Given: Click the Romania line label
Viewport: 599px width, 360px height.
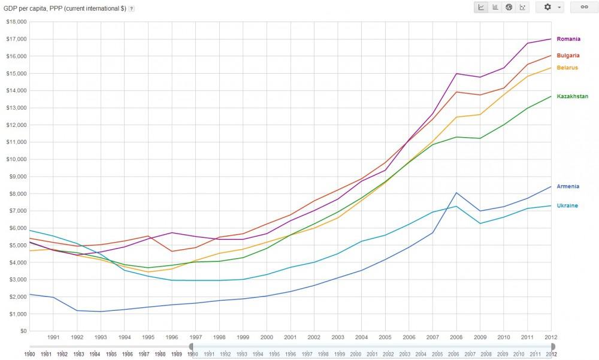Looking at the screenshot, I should pos(568,39).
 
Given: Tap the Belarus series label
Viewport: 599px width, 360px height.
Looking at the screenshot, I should pos(567,68).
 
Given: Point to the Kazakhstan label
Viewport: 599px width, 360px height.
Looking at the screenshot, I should pos(572,96).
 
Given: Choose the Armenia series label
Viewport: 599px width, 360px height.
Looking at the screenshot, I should pos(568,186).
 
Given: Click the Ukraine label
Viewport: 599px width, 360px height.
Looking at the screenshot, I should pos(567,205).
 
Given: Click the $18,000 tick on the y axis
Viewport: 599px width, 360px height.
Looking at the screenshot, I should pos(16,22).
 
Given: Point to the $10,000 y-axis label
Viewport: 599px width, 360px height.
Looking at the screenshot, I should pos(16,159).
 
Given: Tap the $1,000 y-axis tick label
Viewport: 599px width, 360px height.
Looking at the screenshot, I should pos(17,314).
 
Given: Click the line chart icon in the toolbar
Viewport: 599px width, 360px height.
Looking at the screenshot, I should pos(482,7).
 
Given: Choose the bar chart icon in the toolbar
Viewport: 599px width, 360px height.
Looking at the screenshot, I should pos(495,7).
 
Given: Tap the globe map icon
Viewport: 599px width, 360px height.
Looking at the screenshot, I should pos(509,7).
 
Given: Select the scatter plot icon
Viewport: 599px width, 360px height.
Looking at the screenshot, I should pos(523,7).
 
